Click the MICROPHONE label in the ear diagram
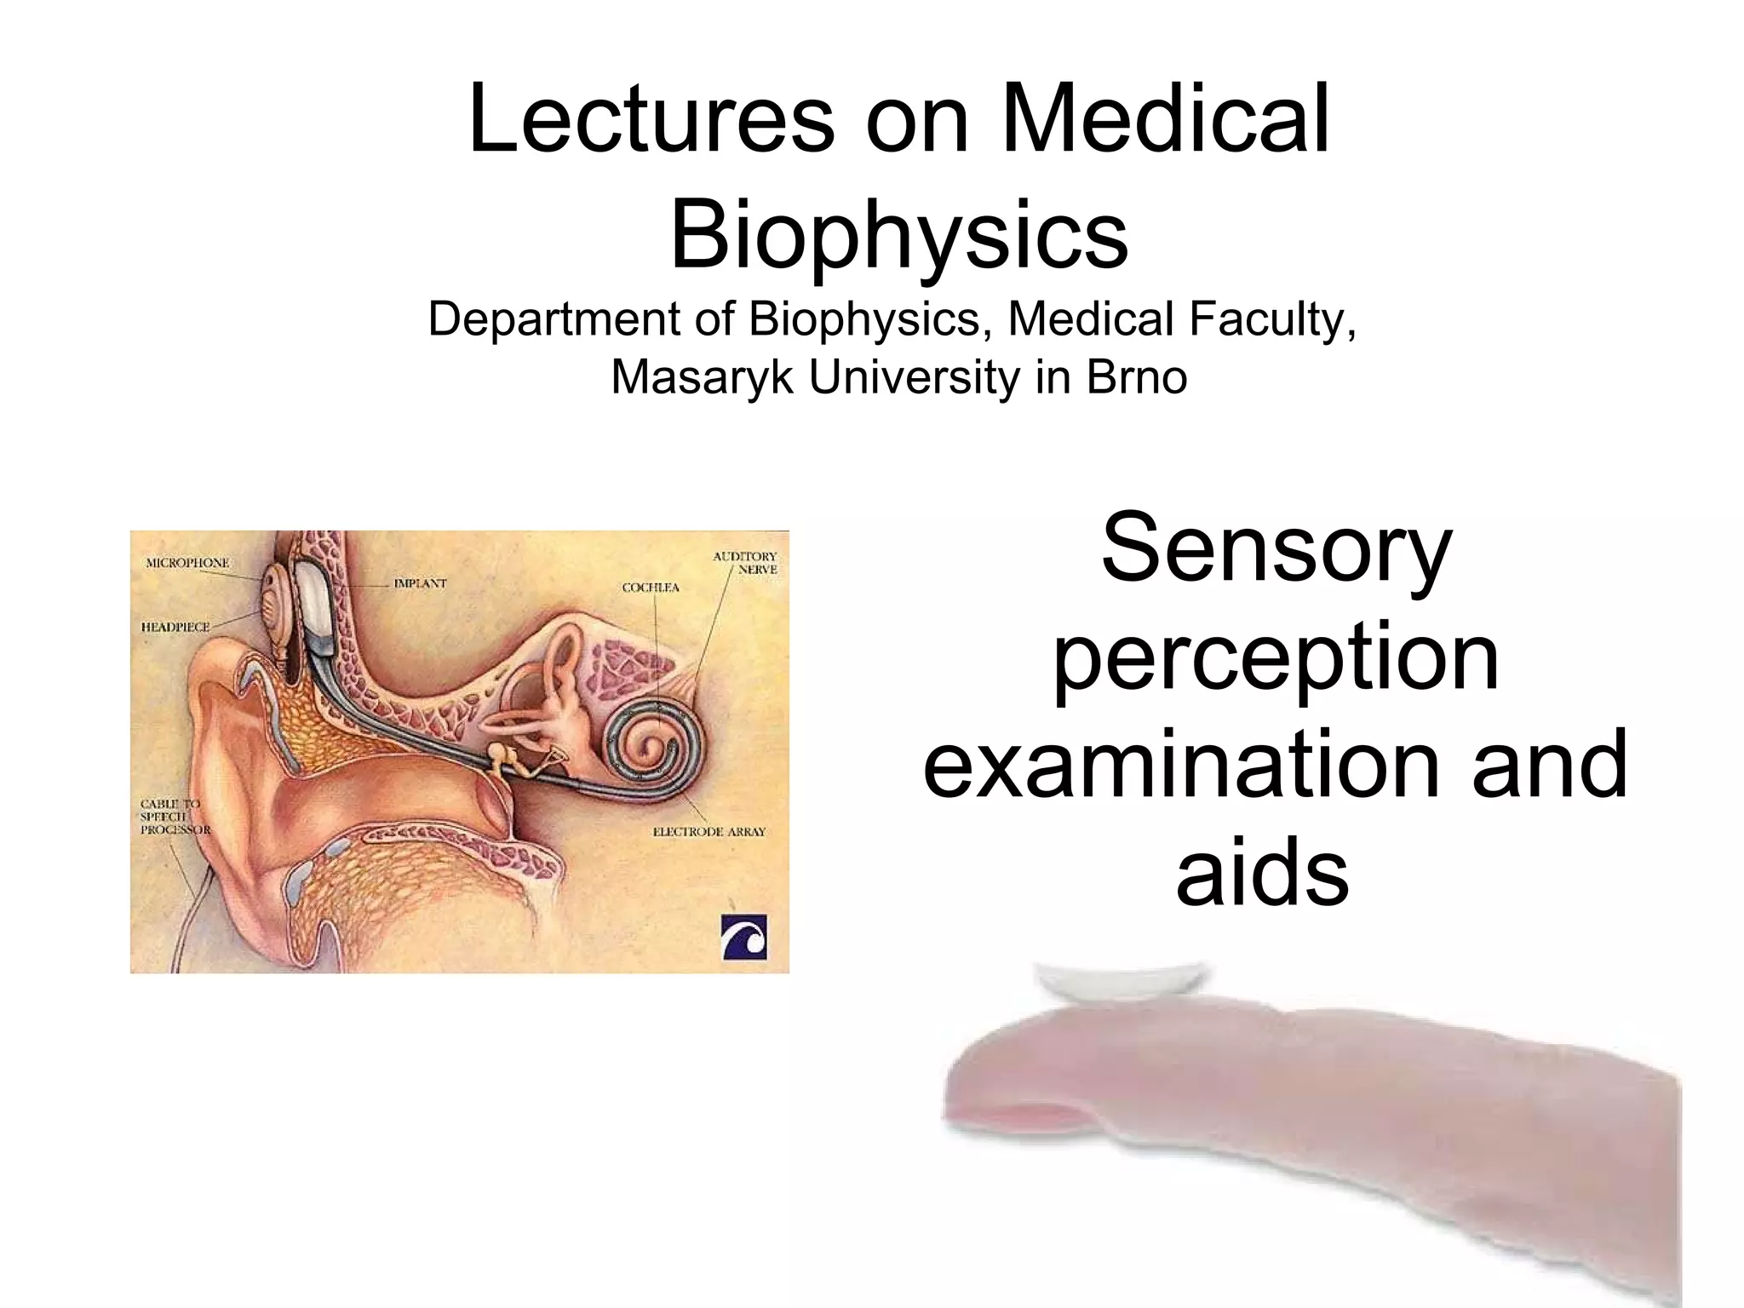(187, 563)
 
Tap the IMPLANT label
(420, 583)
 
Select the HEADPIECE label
(175, 627)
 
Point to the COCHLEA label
(651, 588)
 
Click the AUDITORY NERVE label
(746, 562)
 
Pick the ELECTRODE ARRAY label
(709, 831)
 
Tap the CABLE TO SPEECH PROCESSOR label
(173, 816)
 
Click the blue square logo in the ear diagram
(744, 938)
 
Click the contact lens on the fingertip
(1122, 983)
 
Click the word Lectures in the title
(651, 122)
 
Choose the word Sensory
(1276, 548)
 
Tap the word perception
(1276, 660)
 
